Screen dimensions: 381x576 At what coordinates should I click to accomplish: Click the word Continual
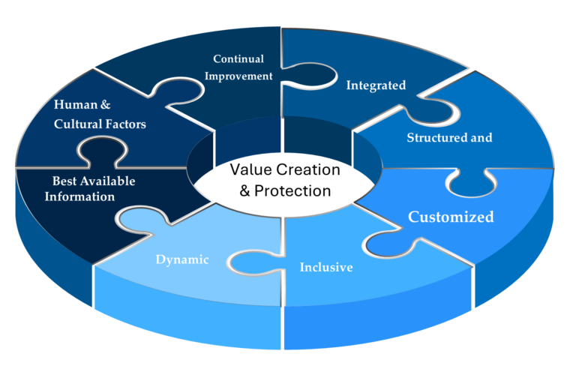click(x=238, y=58)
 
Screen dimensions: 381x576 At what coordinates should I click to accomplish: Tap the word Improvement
click(x=238, y=76)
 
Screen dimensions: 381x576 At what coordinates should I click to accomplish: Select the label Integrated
click(x=376, y=85)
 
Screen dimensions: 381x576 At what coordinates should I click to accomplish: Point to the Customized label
click(x=451, y=217)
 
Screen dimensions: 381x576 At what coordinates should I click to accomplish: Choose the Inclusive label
click(x=326, y=267)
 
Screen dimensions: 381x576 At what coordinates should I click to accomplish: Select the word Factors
click(x=126, y=124)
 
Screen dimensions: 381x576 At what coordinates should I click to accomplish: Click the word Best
click(x=64, y=181)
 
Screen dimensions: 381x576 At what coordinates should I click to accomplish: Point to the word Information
click(x=79, y=196)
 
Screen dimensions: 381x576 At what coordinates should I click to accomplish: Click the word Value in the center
click(x=249, y=170)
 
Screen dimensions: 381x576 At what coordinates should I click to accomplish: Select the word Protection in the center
click(x=293, y=190)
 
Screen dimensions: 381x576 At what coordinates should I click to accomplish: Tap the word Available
click(x=106, y=181)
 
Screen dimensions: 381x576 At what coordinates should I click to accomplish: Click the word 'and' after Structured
click(x=481, y=138)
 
